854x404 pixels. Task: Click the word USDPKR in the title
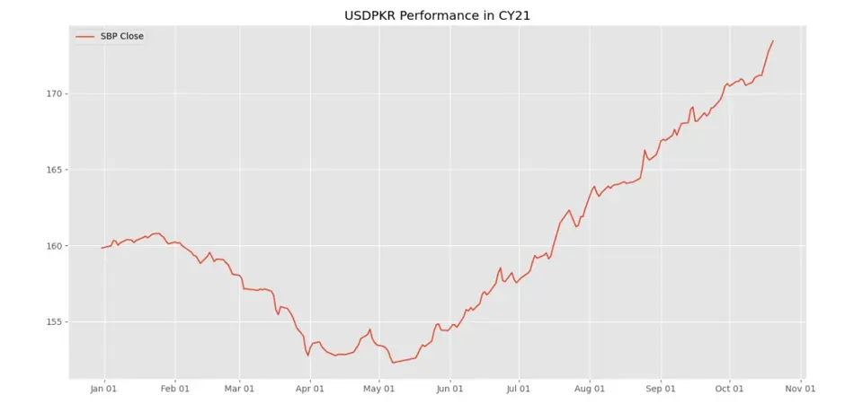[371, 16]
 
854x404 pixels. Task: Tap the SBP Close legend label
[121, 36]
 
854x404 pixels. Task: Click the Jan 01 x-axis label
[104, 390]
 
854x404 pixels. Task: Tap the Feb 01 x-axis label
[174, 390]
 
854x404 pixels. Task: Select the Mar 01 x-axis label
[239, 390]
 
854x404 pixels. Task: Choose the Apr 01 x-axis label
[309, 390]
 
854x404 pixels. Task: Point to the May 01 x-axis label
[378, 390]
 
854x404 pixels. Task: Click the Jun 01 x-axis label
[449, 390]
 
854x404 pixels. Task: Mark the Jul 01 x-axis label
[518, 390]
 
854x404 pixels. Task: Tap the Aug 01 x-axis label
[589, 390]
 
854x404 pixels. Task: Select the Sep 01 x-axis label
[660, 390]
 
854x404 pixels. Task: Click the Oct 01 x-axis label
[729, 390]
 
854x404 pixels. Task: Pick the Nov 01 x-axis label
[799, 390]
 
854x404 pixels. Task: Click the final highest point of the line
[773, 40]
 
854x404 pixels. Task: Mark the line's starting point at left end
[102, 248]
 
